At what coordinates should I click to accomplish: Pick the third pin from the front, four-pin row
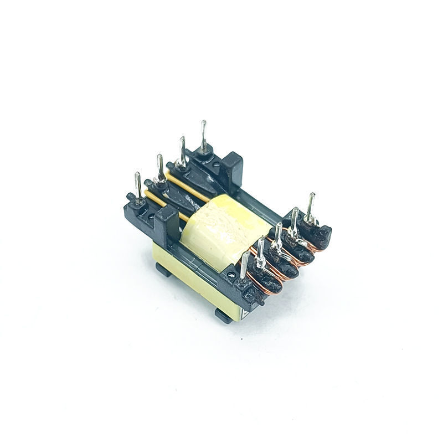pyautogui.click(x=182, y=151)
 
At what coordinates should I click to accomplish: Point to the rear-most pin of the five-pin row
pyautogui.click(x=311, y=205)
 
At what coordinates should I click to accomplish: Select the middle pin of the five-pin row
pyautogui.click(x=277, y=235)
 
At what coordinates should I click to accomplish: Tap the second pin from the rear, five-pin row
pyautogui.click(x=295, y=219)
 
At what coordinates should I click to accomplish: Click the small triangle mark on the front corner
pyautogui.click(x=244, y=316)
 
